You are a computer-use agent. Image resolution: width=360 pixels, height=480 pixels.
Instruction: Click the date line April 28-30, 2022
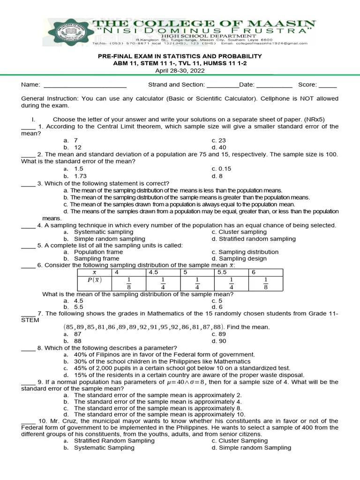pyautogui.click(x=180, y=70)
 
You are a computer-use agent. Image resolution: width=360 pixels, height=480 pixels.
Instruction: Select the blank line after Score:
pyautogui.click(x=328, y=85)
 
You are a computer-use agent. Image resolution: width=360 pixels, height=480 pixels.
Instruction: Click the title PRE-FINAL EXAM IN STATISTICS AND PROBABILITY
pyautogui.click(x=180, y=56)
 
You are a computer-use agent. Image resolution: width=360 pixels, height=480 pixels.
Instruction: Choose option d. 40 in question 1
pyautogui.click(x=218, y=147)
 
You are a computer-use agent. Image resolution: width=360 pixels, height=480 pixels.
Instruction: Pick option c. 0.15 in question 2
pyautogui.click(x=221, y=169)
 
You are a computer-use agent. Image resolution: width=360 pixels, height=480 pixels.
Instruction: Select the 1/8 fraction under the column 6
pyautogui.click(x=265, y=283)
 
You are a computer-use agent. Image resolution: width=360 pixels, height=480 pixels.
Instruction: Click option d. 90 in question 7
pyautogui.click(x=218, y=341)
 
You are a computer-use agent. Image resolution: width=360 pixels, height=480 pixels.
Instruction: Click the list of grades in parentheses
pyautogui.click(x=145, y=327)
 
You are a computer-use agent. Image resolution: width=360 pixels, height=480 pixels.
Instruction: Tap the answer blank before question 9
pyautogui.click(x=28, y=382)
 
